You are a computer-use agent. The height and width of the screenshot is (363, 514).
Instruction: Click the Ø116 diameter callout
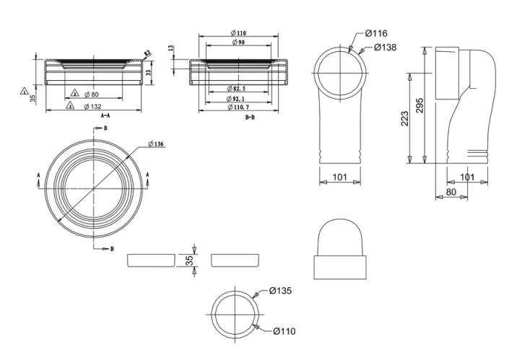[x=377, y=33]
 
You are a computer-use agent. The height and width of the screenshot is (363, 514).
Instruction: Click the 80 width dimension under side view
[x=451, y=192]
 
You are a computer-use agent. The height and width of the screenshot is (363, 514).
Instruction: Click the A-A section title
[x=105, y=115]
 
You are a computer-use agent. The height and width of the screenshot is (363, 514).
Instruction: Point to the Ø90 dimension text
[x=238, y=43]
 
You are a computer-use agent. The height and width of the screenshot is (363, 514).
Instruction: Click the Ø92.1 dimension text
[x=233, y=97]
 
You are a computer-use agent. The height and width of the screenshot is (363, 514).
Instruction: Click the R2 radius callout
[x=147, y=53]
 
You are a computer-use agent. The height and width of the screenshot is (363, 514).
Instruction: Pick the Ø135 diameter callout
[x=280, y=291]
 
